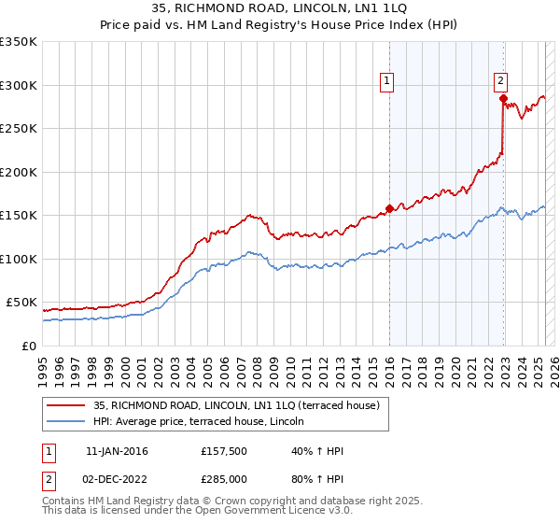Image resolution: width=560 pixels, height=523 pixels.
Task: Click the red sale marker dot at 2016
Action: (389, 208)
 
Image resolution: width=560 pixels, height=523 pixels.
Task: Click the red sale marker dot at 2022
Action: (503, 98)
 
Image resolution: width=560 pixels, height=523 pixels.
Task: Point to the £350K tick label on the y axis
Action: (19, 42)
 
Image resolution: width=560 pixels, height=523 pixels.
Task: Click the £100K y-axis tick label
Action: (19, 259)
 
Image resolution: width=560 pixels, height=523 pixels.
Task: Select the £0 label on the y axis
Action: (30, 346)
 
